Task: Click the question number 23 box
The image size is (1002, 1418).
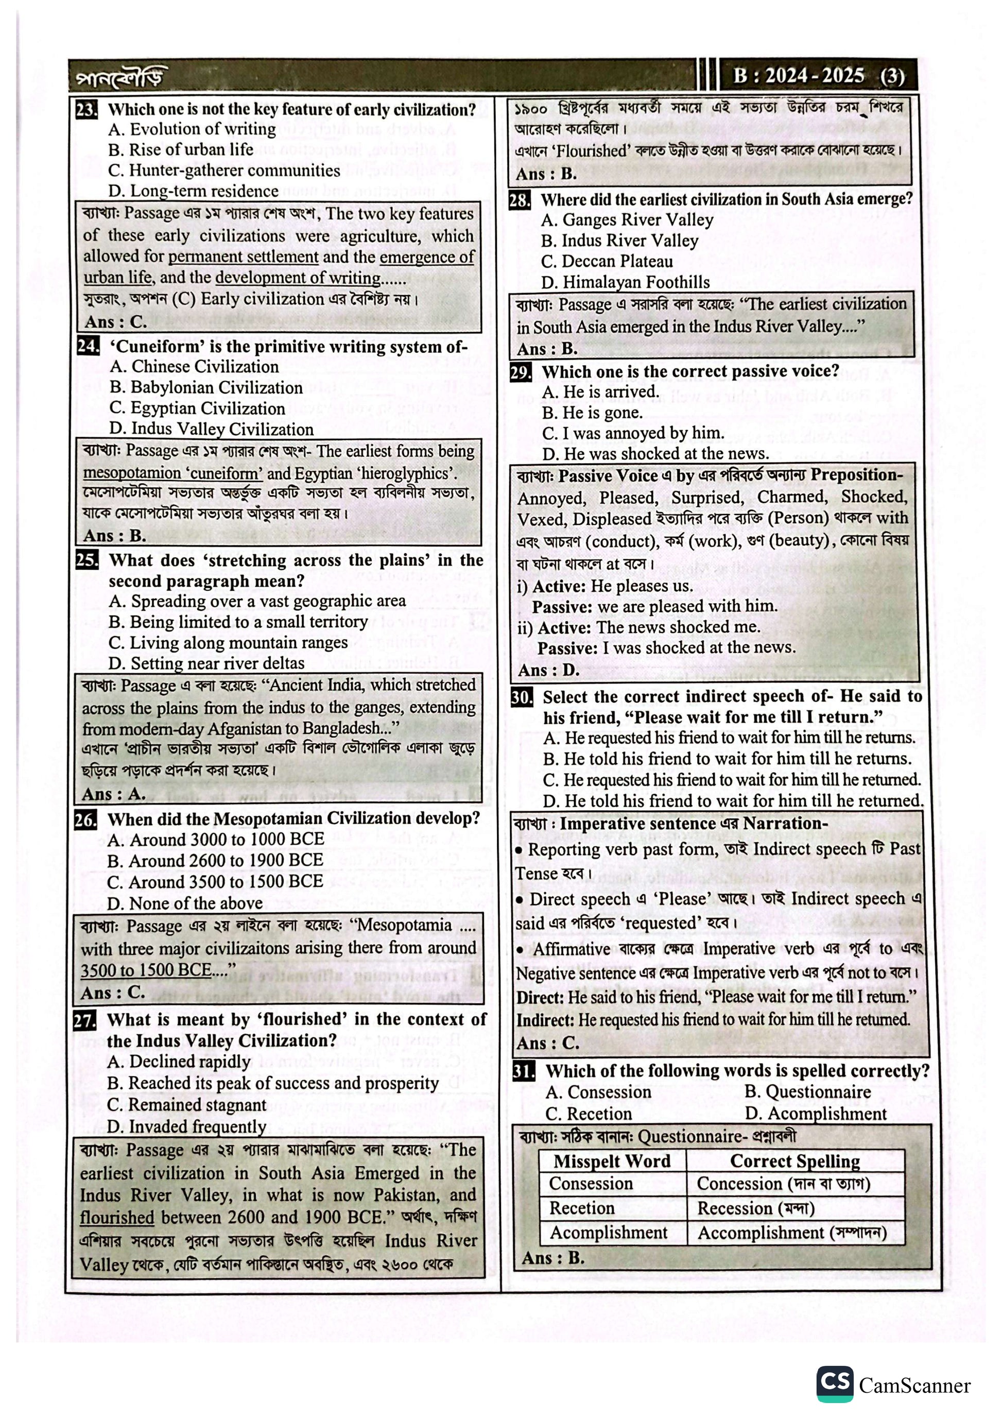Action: click(87, 110)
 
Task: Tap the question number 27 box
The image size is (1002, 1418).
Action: click(84, 1020)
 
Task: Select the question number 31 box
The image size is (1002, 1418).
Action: click(523, 1070)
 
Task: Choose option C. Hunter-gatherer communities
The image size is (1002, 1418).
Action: click(224, 170)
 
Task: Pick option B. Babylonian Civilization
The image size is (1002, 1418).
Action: click(206, 387)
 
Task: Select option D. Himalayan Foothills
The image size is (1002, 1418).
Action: click(626, 282)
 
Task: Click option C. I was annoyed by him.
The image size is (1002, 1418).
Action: click(633, 433)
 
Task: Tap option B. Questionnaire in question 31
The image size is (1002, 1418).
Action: click(807, 1091)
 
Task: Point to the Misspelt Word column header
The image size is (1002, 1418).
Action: click(612, 1161)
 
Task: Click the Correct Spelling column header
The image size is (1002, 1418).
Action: click(794, 1161)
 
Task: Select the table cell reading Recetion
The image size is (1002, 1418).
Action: click(581, 1207)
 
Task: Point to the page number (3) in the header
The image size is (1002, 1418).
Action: click(892, 77)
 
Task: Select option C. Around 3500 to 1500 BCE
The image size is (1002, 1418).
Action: click(215, 881)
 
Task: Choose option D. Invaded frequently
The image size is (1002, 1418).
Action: click(186, 1126)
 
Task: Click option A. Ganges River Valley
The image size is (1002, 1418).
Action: click(627, 220)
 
